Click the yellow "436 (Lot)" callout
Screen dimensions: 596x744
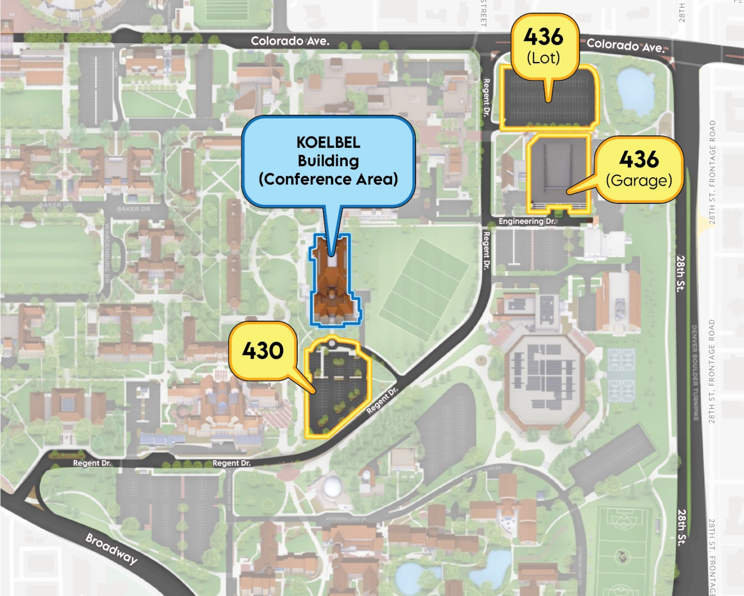click(545, 46)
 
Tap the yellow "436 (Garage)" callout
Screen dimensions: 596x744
click(639, 169)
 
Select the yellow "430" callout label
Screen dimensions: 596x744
click(263, 351)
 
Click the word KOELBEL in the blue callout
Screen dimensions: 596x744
click(328, 142)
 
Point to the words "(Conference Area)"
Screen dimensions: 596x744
click(328, 179)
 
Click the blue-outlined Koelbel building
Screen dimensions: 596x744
click(334, 288)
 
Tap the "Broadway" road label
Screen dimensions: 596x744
click(112, 549)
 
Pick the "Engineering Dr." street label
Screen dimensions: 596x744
click(527, 221)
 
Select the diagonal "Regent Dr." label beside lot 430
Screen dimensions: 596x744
click(382, 401)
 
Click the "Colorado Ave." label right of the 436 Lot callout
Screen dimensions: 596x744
click(625, 46)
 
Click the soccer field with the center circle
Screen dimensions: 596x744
click(623, 548)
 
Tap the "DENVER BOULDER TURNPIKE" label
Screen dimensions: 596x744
click(694, 372)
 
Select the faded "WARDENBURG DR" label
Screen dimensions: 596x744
click(107, 253)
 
